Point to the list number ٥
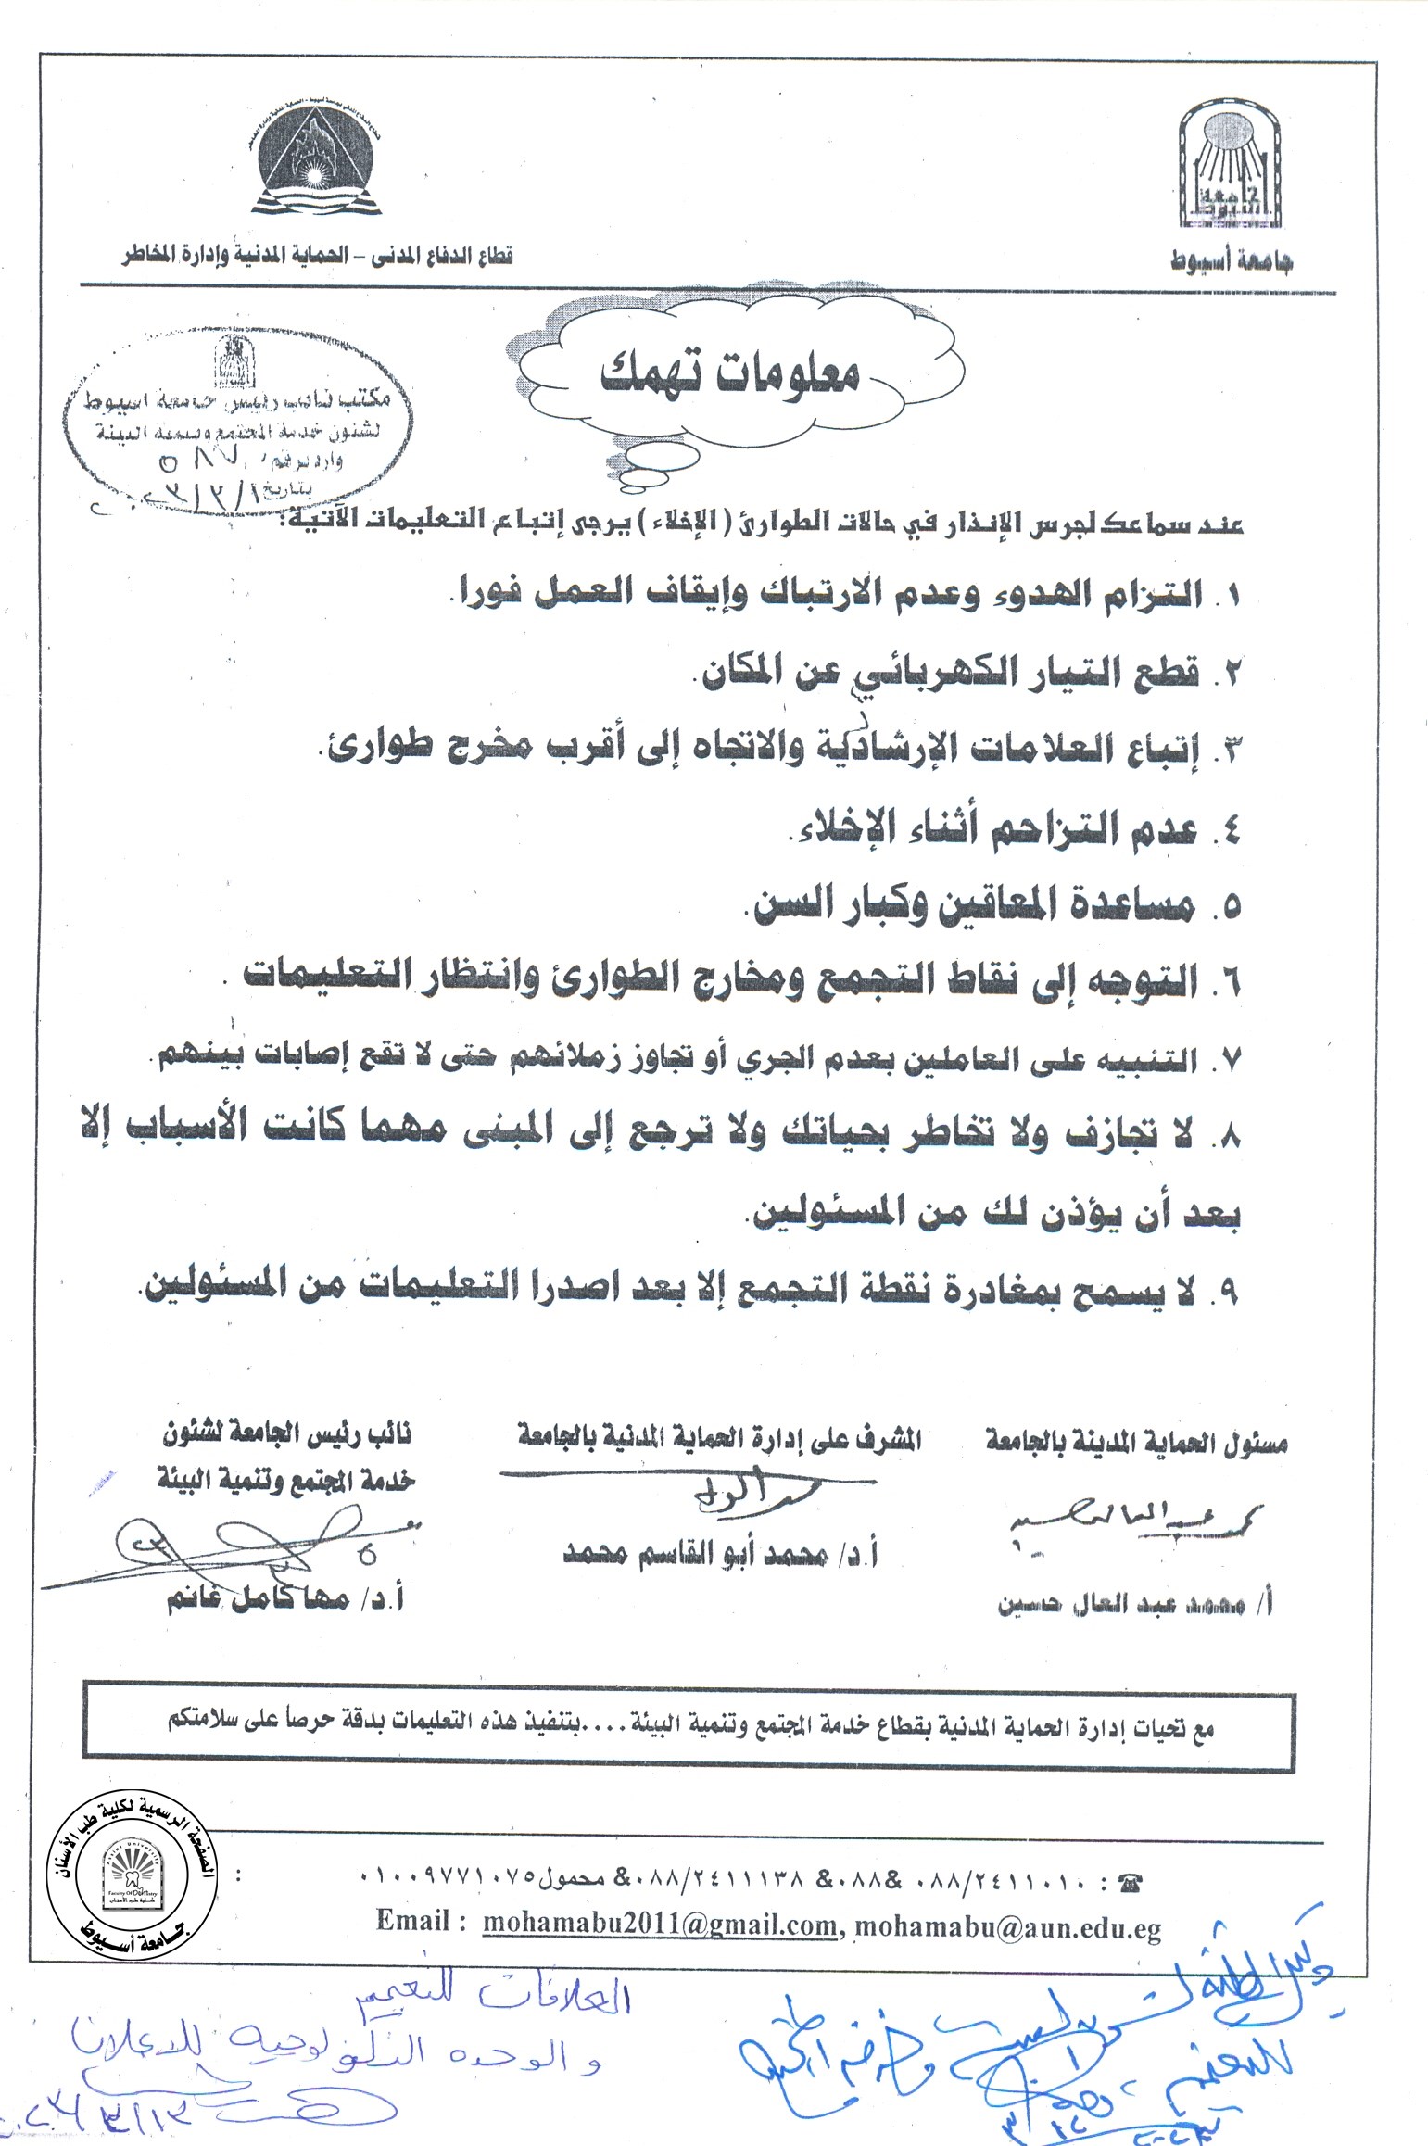point(1230,908)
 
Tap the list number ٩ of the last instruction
point(1229,1291)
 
